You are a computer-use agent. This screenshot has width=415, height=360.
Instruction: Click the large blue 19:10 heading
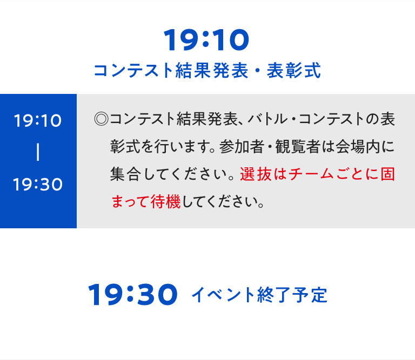coord(206,40)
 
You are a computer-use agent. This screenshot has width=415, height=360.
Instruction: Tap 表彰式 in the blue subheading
coord(293,71)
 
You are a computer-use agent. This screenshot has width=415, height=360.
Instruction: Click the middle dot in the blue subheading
coord(258,71)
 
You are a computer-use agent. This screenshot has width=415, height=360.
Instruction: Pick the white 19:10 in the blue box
coord(38,121)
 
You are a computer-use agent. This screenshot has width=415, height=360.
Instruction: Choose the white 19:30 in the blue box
coord(38,184)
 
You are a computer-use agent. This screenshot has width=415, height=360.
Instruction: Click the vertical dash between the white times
coord(38,152)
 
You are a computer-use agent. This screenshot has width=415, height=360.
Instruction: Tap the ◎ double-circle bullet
coord(102,119)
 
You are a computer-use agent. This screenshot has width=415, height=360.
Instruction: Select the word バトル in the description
coord(267,119)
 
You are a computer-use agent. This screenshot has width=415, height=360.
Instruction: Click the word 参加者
coord(242,147)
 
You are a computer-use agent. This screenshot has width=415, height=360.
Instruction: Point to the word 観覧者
coord(298,147)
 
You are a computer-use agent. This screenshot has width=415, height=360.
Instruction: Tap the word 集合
coord(125,174)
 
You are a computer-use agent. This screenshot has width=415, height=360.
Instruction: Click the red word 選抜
coord(256,174)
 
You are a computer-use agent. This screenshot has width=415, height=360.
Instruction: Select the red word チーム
coord(311,174)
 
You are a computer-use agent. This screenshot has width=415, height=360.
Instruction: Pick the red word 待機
coord(165,202)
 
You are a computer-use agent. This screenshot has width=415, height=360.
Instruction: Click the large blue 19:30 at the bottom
coord(133,295)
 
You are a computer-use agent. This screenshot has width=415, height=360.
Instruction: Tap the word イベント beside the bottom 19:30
coord(223,295)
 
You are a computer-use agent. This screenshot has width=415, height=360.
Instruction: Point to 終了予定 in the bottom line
coord(292,295)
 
